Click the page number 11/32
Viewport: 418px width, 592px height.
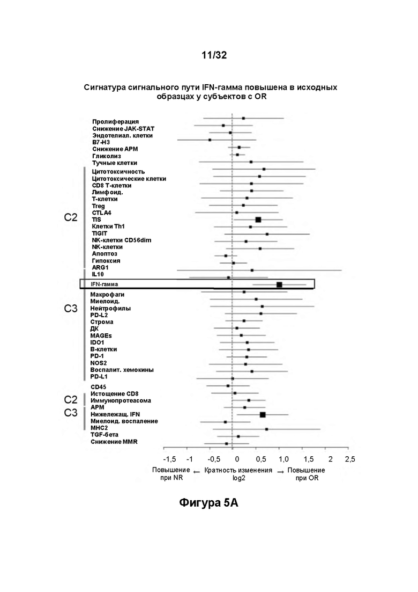pyautogui.click(x=214, y=55)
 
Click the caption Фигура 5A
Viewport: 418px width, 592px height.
pyautogui.click(x=208, y=503)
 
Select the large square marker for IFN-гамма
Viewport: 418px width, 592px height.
pyautogui.click(x=279, y=284)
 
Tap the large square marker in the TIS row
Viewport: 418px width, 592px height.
pyautogui.click(x=258, y=220)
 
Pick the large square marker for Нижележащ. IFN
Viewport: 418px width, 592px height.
pyautogui.click(x=263, y=415)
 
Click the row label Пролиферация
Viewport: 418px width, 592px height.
pyautogui.click(x=115, y=122)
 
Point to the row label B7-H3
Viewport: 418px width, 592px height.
pyautogui.click(x=101, y=142)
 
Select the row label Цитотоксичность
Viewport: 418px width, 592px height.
pyautogui.click(x=118, y=172)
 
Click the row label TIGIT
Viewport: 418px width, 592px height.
pyautogui.click(x=100, y=233)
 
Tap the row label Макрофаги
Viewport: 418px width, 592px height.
pyautogui.click(x=107, y=295)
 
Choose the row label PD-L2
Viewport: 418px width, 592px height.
pyautogui.click(x=99, y=315)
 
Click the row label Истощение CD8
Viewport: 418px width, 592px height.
pyautogui.click(x=115, y=394)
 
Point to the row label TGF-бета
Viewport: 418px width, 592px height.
pyautogui.click(x=104, y=435)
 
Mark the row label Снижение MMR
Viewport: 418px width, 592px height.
pyautogui.click(x=114, y=442)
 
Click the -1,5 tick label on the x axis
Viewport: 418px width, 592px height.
pyautogui.click(x=170, y=459)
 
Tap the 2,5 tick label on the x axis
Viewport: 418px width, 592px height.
pyautogui.click(x=350, y=459)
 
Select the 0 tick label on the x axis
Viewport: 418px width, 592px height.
pyautogui.click(x=237, y=459)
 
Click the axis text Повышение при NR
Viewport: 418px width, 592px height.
pyautogui.click(x=171, y=474)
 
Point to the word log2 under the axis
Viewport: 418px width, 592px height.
pyautogui.click(x=238, y=478)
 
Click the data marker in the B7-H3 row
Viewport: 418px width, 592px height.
pyautogui.click(x=210, y=140)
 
